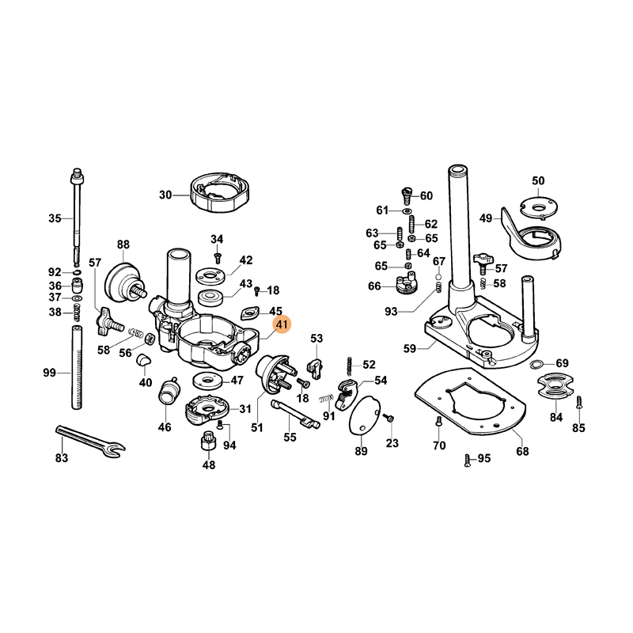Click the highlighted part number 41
pyautogui.click(x=282, y=324)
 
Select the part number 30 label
pyautogui.click(x=165, y=195)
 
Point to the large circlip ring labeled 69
pyautogui.click(x=537, y=364)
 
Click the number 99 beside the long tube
pyautogui.click(x=50, y=373)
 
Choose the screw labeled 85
pyautogui.click(x=578, y=403)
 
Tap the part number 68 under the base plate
pyautogui.click(x=522, y=451)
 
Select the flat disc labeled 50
pyautogui.click(x=539, y=207)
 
